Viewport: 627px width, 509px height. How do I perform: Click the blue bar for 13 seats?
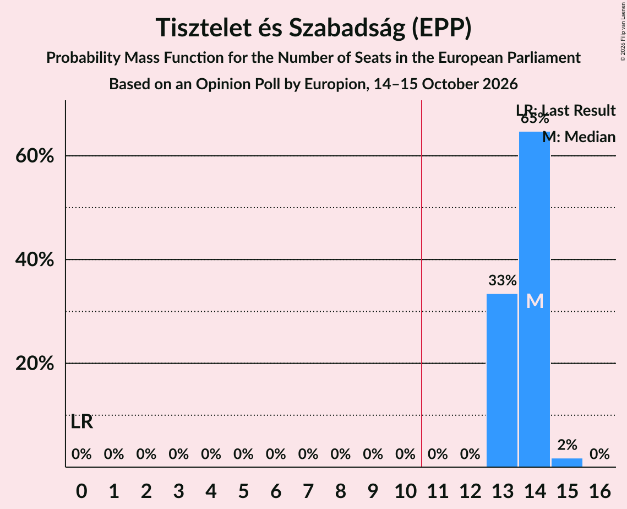pos(502,380)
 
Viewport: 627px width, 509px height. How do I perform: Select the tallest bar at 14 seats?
pos(534,299)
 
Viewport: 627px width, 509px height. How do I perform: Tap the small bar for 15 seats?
pos(566,463)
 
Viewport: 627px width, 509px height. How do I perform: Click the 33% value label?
pos(502,280)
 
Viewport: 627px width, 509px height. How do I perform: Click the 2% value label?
pos(567,445)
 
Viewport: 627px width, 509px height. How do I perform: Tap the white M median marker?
pos(535,301)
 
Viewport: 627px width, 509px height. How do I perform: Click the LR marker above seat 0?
pos(81,422)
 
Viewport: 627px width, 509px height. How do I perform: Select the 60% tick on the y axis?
pos(34,156)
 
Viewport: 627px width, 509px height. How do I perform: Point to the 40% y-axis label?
pos(34,259)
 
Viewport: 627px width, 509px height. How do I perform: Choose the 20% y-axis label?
pos(34,364)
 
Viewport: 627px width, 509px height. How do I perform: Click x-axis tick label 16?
pos(599,491)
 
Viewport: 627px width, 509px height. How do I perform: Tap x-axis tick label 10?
pos(405,491)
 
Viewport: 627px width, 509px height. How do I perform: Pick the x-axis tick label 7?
pos(308,491)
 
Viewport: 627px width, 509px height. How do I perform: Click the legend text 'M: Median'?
pos(579,137)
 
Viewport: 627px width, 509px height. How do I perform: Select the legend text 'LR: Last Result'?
pos(565,110)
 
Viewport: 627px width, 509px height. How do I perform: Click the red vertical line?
pos(422,283)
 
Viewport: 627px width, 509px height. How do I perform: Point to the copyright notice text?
pos(623,31)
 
